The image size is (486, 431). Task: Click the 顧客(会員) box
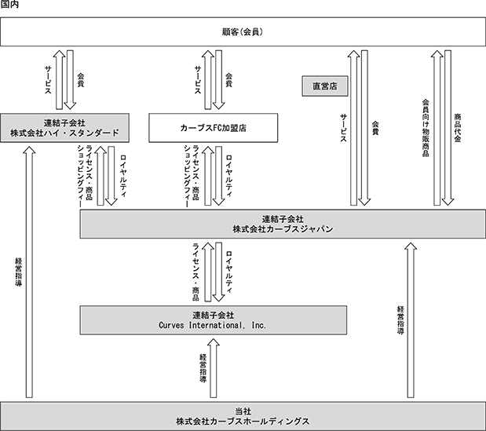[x=243, y=32]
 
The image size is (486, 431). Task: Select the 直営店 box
[x=325, y=86]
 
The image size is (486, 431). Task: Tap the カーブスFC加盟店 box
[x=214, y=128]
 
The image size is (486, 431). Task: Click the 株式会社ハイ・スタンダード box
[x=64, y=128]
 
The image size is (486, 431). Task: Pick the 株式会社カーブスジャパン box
[x=283, y=224]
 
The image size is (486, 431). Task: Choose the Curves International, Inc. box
[x=214, y=320]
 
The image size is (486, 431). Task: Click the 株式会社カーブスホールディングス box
[x=243, y=416]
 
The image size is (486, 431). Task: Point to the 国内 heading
[x=9, y=5]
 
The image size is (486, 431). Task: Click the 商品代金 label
[x=458, y=128]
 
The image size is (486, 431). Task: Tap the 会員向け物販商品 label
[x=426, y=128]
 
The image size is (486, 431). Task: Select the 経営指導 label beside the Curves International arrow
[x=203, y=368]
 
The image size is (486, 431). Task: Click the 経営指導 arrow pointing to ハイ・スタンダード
[x=29, y=272]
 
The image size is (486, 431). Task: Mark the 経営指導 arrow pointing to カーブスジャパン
[x=411, y=320]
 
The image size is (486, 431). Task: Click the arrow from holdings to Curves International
[x=214, y=368]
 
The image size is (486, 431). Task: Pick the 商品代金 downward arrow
[x=448, y=128]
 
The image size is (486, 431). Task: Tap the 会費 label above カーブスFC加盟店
[x=228, y=80]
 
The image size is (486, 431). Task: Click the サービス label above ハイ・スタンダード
[x=48, y=80]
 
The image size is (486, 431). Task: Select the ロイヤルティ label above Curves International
[x=229, y=272]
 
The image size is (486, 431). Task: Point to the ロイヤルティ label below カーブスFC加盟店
[x=229, y=176]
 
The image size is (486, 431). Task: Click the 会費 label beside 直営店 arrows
[x=375, y=128]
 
